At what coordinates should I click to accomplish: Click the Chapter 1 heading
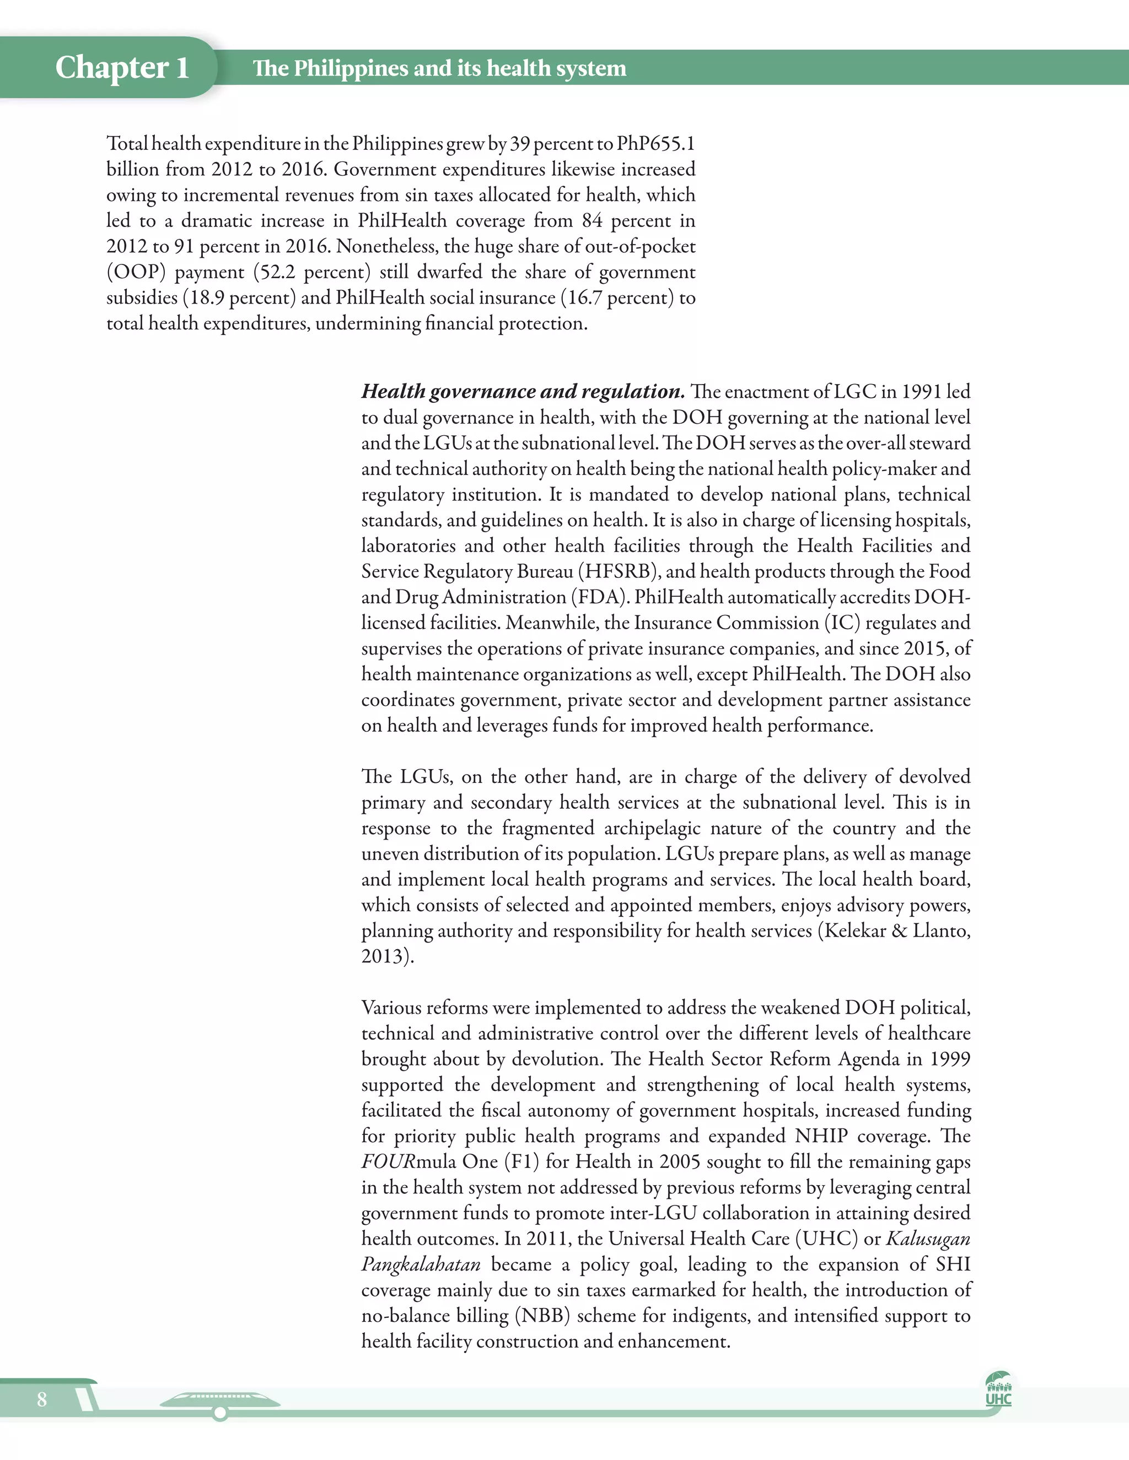click(x=122, y=68)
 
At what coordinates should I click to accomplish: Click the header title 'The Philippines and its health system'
click(x=439, y=68)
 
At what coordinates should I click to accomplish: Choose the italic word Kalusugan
click(x=928, y=1238)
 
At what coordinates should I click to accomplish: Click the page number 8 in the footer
click(x=42, y=1399)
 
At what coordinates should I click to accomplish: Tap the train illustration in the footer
click(x=220, y=1401)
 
